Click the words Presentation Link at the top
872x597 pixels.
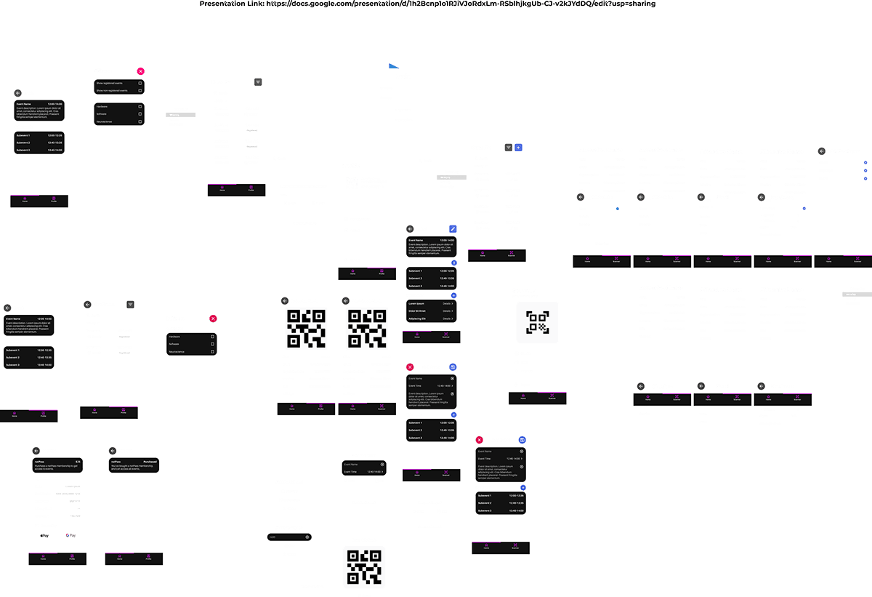pos(232,4)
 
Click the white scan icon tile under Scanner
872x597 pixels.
pos(537,322)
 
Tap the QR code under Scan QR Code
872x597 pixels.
pos(364,566)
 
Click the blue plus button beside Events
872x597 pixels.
pos(518,148)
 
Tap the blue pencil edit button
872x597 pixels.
pos(453,229)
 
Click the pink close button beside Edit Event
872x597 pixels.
pos(410,367)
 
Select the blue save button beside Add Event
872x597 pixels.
pos(522,440)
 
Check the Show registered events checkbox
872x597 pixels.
pos(140,84)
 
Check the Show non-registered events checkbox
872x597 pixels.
pos(140,91)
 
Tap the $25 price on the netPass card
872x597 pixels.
pos(78,462)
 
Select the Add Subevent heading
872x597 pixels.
pos(363,455)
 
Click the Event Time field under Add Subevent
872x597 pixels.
pos(363,472)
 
